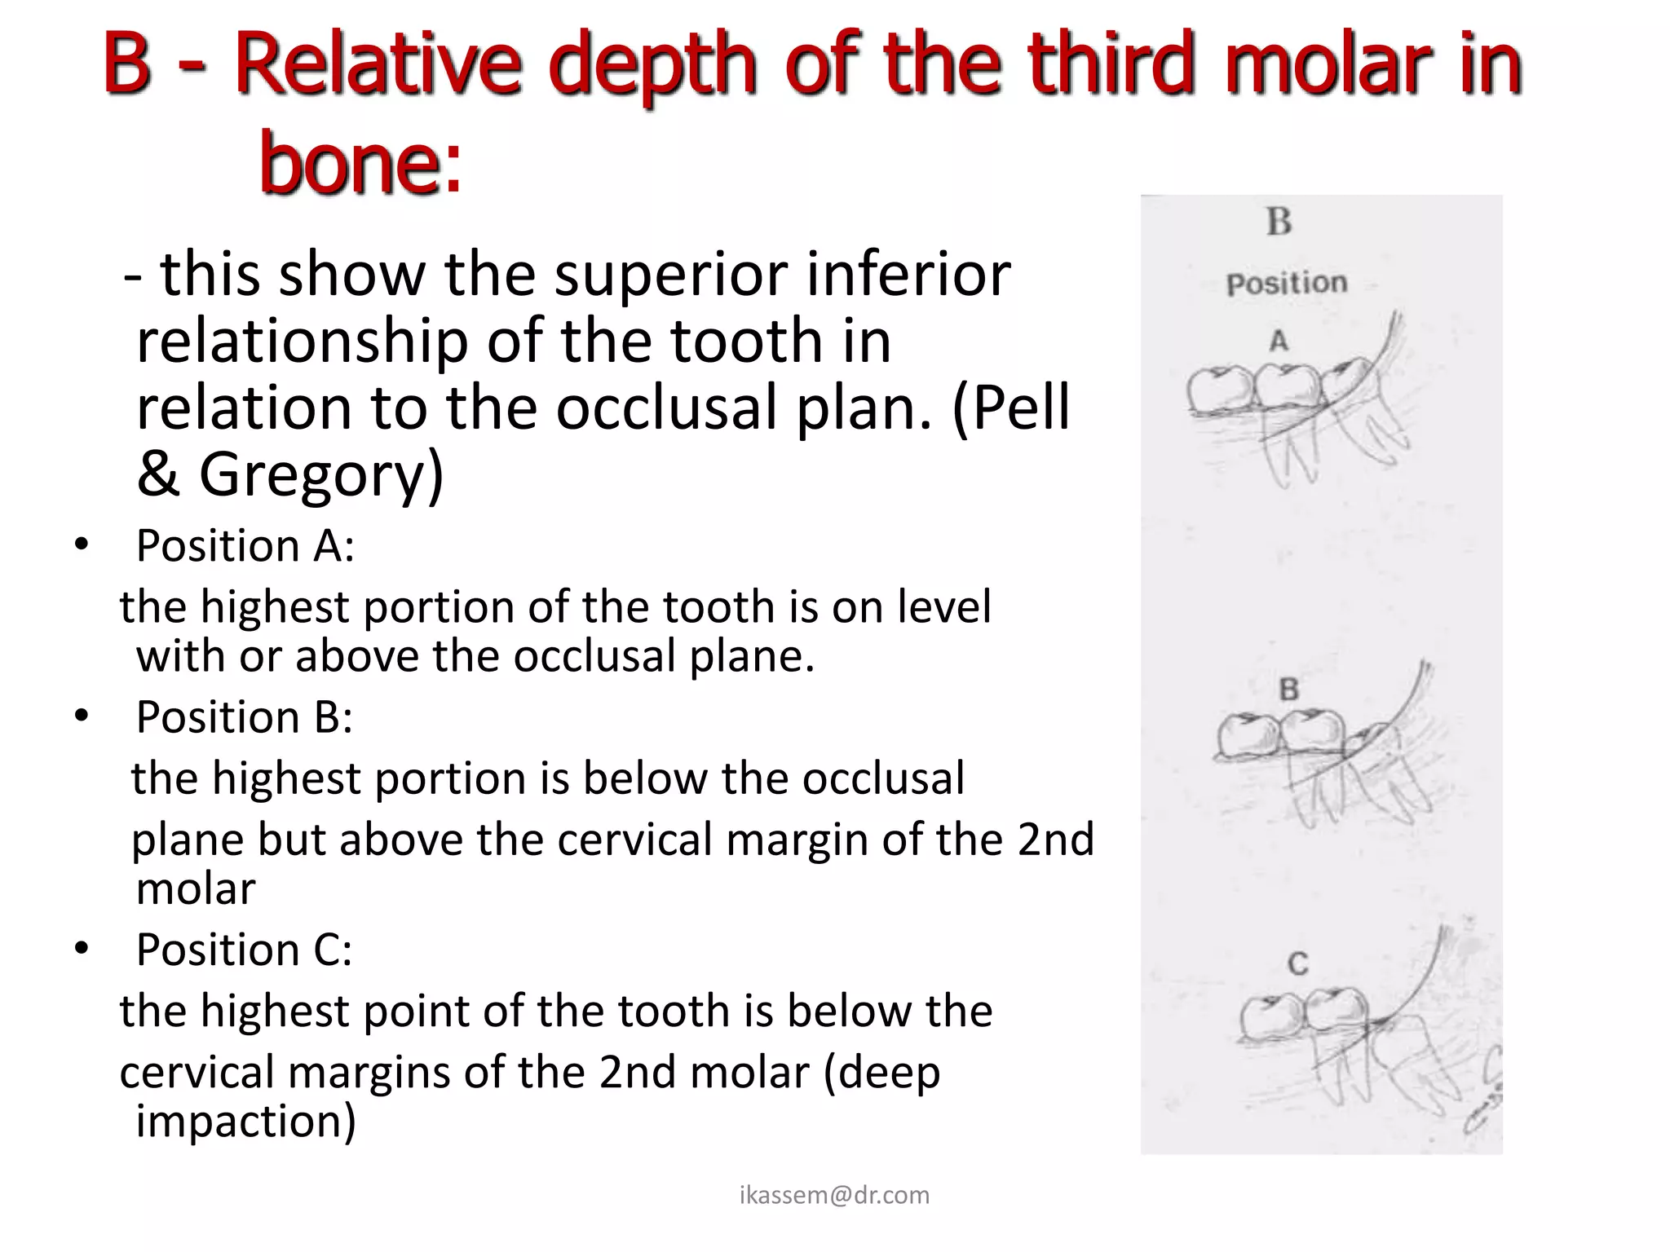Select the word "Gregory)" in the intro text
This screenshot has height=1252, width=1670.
click(x=321, y=474)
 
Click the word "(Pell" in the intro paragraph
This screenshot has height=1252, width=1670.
click(x=1010, y=408)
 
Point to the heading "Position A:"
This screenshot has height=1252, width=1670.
click(x=245, y=545)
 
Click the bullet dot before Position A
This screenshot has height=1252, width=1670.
click(x=81, y=544)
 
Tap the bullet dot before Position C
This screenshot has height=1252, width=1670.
click(x=81, y=948)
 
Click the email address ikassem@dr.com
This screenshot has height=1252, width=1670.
click(x=834, y=1195)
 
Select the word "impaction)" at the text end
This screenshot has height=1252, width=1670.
click(x=245, y=1121)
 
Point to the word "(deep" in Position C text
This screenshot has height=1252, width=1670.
click(x=881, y=1072)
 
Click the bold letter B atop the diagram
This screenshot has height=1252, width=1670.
click(x=1279, y=222)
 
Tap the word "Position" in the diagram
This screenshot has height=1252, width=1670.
click(x=1287, y=284)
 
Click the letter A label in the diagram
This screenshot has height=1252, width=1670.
click(x=1279, y=341)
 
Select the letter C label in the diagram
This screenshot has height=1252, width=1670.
click(x=1298, y=964)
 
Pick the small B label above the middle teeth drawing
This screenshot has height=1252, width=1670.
click(x=1288, y=690)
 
